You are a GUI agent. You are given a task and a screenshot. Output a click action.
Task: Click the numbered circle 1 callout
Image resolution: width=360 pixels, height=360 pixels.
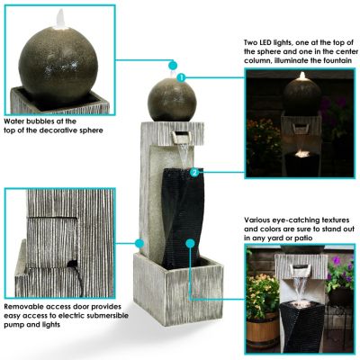point(181,78)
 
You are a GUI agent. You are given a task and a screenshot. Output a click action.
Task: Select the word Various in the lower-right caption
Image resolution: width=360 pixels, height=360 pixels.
point(258,219)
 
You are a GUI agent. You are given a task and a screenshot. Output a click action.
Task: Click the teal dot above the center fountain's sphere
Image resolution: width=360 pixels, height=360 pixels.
point(171,65)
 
